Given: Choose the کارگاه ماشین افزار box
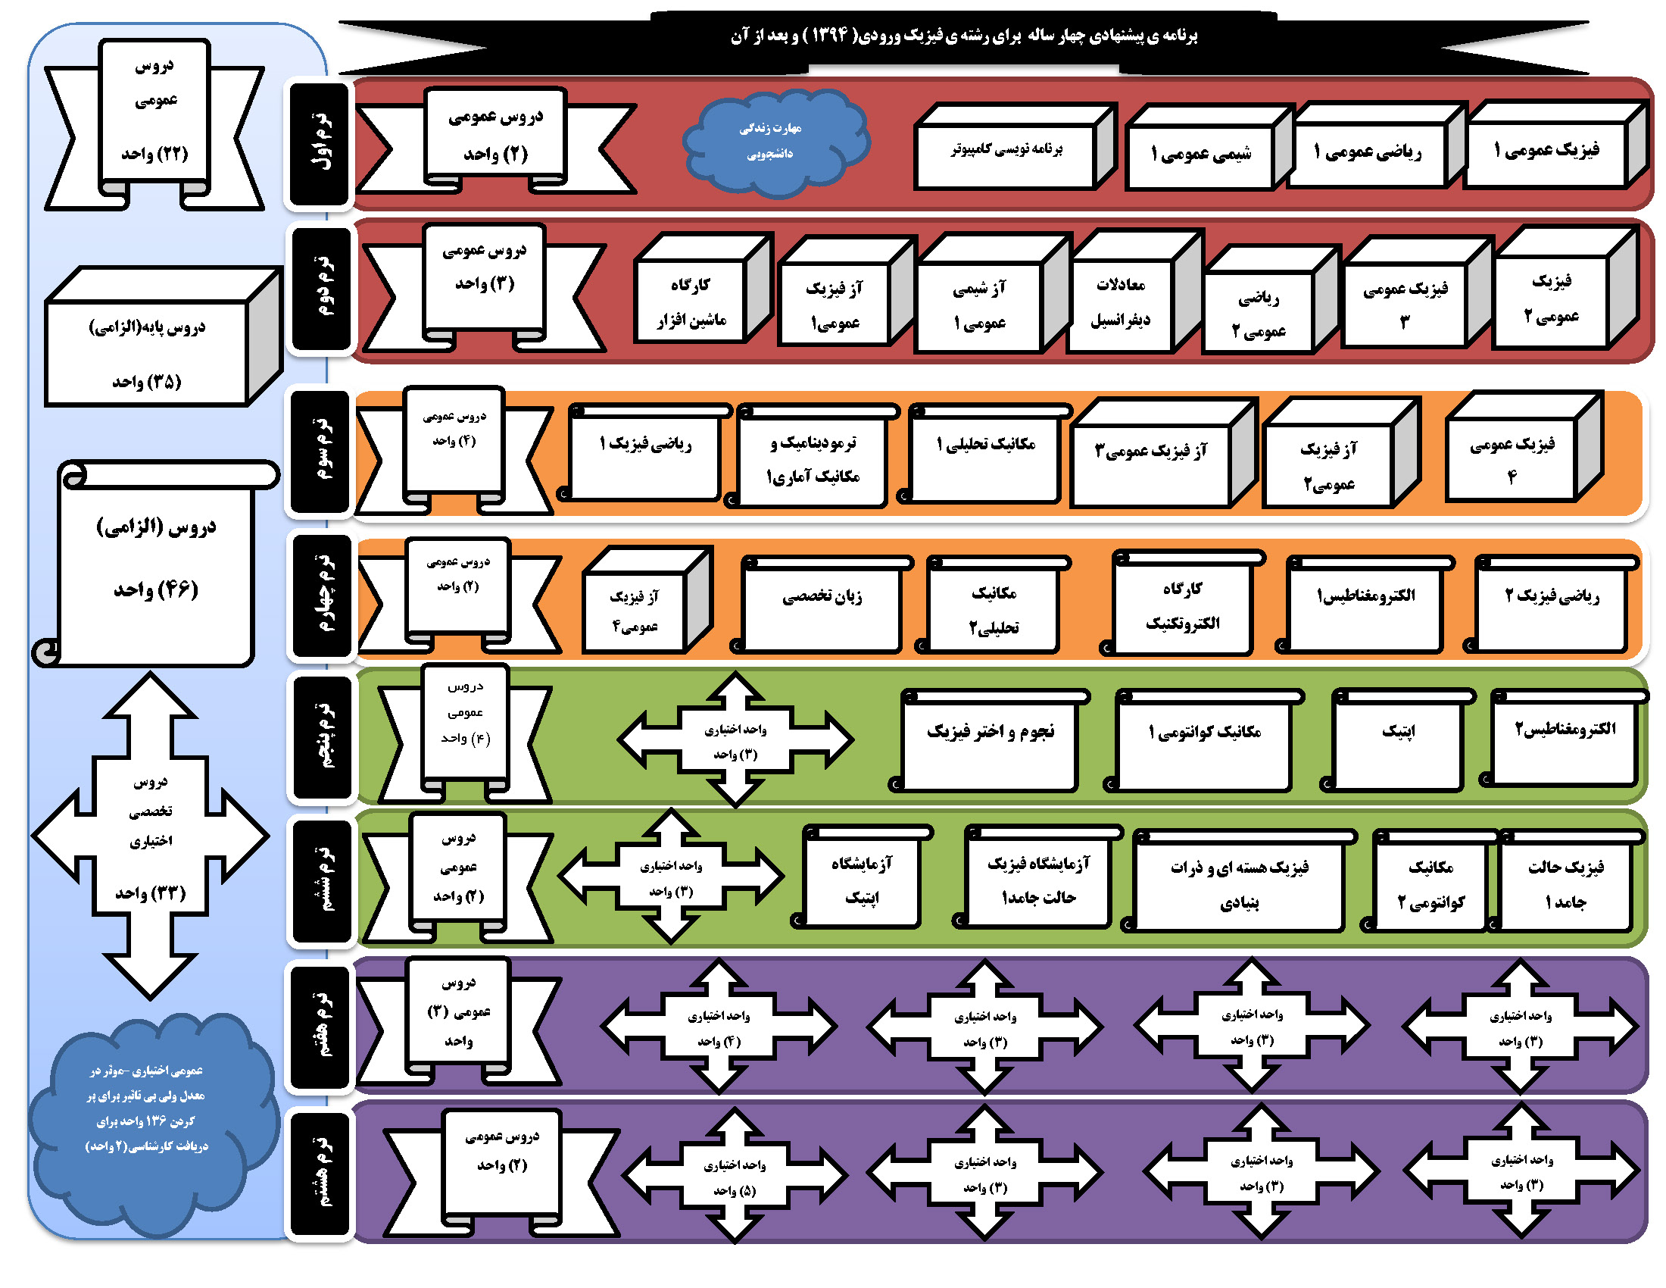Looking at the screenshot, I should (691, 304).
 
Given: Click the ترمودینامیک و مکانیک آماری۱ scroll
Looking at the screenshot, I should (813, 460).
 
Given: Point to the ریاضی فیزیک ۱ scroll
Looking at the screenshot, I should (645, 456).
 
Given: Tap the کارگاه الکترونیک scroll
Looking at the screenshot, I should (1181, 607).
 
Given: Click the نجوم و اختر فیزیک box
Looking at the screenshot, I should (990, 741).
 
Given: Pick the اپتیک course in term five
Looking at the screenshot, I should (1397, 741).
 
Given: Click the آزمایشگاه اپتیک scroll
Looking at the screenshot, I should (861, 881).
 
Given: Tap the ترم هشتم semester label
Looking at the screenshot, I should (321, 1174).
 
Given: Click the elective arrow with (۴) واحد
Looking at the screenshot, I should (719, 1027).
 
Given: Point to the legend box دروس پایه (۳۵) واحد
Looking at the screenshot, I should (147, 352).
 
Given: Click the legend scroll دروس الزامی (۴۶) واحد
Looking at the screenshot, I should (157, 561).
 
